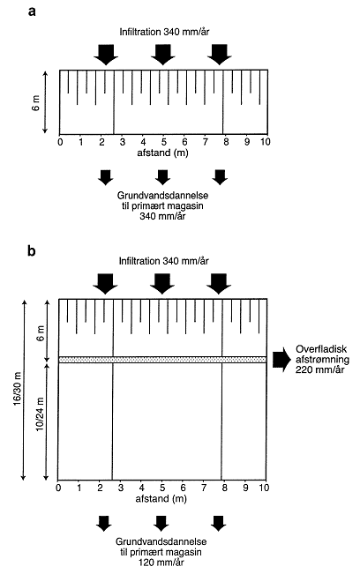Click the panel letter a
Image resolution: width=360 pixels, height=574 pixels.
32,11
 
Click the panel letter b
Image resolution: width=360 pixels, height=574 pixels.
32,251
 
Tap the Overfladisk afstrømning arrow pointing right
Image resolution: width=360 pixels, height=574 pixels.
281,360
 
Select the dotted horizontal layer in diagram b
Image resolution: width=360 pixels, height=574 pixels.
162,360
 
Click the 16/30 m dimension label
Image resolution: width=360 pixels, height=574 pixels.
19,389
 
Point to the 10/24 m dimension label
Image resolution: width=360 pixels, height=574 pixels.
41,414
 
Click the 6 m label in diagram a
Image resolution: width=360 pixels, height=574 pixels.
37,103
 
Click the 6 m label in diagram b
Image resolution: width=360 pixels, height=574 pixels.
41,332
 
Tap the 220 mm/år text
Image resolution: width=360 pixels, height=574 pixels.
319,369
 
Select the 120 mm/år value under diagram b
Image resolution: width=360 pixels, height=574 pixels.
161,563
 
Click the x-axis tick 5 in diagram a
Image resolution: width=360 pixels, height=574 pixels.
164,142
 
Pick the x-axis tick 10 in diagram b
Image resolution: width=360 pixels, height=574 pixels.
264,488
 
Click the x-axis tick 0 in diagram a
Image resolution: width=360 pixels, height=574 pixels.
60,142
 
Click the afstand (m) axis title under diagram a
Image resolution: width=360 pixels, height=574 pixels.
162,153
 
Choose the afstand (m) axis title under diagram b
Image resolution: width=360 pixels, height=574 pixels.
161,498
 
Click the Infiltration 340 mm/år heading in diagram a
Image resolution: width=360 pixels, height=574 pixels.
164,32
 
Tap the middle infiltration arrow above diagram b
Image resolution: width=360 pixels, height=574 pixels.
162,283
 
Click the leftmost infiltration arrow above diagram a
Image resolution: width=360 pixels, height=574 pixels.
106,55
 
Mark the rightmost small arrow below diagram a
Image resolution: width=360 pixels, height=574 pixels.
220,177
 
